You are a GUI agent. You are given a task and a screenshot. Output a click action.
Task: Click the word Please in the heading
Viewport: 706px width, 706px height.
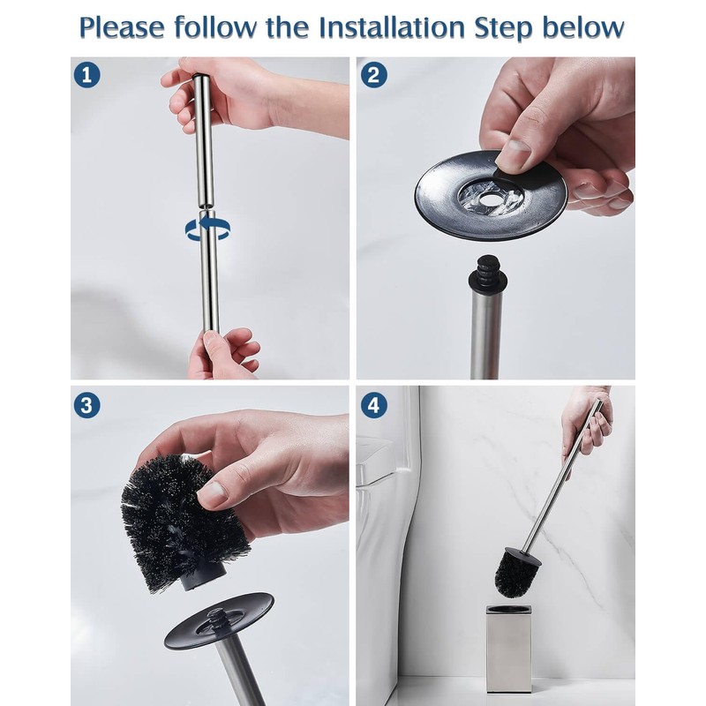point(122,28)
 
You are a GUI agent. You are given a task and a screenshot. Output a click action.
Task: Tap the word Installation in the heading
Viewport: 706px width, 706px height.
point(392,27)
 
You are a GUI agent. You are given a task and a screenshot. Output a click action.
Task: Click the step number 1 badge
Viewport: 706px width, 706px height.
point(86,75)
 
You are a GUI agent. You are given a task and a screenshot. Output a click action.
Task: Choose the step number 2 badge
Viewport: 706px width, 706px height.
point(373,75)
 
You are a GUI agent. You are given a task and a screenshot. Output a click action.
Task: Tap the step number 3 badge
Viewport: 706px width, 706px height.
point(86,405)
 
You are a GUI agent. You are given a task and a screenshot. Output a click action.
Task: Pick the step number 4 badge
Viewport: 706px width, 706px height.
point(373,405)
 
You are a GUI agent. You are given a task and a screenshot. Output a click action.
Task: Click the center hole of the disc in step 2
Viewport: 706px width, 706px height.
point(490,198)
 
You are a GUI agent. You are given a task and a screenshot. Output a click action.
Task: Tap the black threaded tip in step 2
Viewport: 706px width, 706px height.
point(488,273)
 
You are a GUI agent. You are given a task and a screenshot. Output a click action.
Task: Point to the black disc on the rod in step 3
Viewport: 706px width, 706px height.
point(219,621)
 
